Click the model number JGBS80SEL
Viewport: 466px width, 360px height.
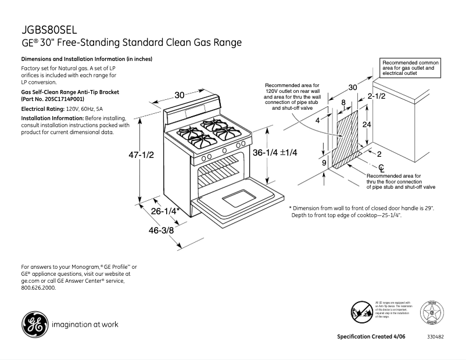(x=49, y=30)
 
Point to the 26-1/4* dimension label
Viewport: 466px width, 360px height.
(x=166, y=211)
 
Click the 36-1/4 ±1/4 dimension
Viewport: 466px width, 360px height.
(x=275, y=152)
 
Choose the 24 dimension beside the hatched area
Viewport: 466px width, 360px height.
(x=367, y=125)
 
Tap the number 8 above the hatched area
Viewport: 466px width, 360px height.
(x=343, y=103)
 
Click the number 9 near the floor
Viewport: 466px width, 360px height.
(x=324, y=163)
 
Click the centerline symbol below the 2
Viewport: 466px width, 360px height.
(x=381, y=168)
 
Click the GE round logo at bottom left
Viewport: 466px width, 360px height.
(x=34, y=325)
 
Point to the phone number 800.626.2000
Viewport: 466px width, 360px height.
(x=38, y=287)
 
